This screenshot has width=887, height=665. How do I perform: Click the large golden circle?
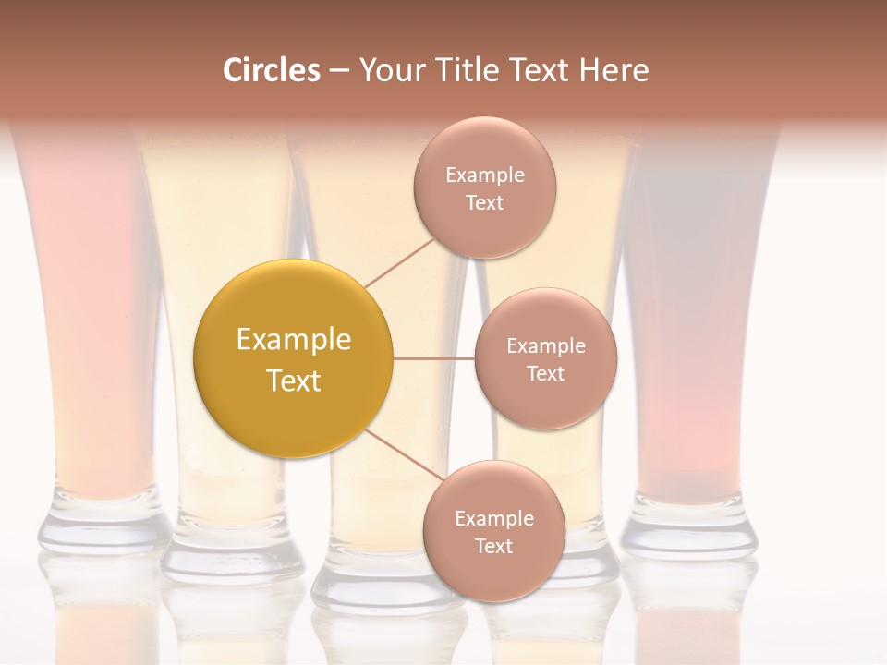point(294,358)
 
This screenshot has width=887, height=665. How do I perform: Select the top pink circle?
point(484,187)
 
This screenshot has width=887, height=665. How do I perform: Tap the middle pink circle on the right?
point(545,358)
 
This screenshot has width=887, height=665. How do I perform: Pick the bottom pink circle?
point(493,531)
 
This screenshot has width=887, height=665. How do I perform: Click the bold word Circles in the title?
point(272,70)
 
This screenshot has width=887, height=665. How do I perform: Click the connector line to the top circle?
point(399,262)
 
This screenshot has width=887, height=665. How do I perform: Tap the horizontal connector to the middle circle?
point(434,358)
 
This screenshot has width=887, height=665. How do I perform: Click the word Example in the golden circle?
point(294,340)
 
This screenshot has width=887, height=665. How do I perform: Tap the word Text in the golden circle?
point(294,381)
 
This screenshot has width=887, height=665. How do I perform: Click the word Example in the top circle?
point(485,175)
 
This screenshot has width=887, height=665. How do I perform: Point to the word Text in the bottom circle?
point(493,546)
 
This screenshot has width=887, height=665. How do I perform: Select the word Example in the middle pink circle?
point(545,346)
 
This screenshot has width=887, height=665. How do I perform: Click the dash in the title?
point(339,70)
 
